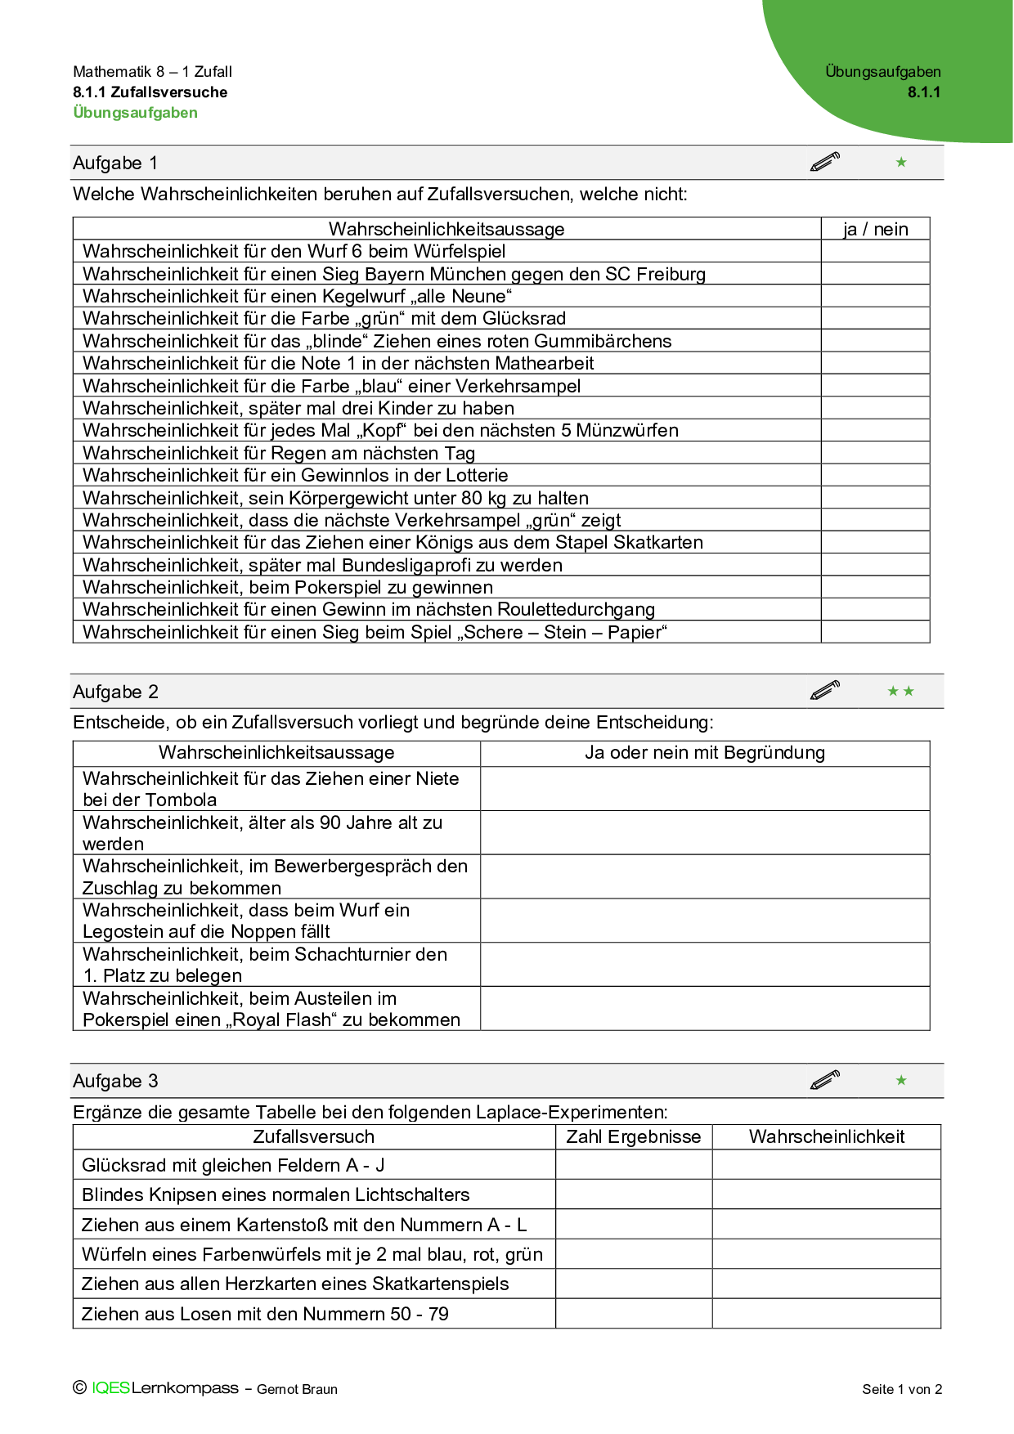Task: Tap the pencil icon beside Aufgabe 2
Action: tap(825, 691)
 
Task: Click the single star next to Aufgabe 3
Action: tap(901, 1080)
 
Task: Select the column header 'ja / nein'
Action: tap(875, 229)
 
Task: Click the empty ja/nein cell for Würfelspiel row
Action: tap(875, 251)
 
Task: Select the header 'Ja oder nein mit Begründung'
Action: tap(704, 753)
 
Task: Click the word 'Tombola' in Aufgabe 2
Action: tap(182, 800)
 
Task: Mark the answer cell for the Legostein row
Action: tap(704, 921)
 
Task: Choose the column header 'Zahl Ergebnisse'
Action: tap(633, 1136)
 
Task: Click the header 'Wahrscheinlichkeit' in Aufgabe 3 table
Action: tap(826, 1136)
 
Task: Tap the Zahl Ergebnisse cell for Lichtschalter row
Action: tap(633, 1194)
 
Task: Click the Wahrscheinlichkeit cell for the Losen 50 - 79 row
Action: tap(826, 1314)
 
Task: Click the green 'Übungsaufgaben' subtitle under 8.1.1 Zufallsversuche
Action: tap(135, 113)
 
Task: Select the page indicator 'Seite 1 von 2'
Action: tap(901, 1389)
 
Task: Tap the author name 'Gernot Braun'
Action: tap(297, 1389)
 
